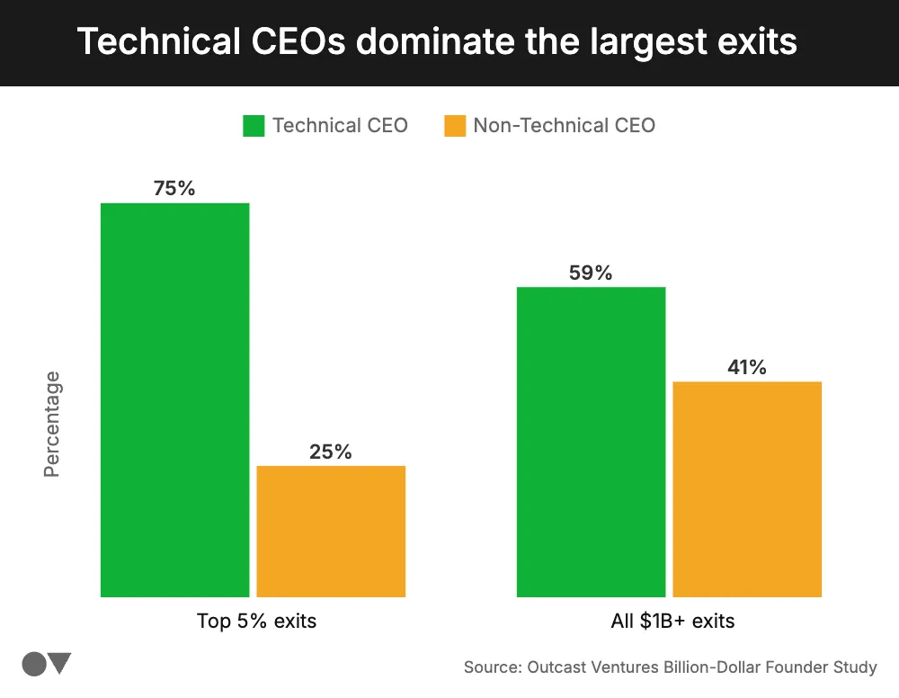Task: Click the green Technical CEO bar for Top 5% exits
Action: [x=174, y=399]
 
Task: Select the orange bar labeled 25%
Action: [x=331, y=531]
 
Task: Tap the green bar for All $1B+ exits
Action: [x=591, y=442]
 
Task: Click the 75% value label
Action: [x=174, y=189]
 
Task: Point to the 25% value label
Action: [x=331, y=452]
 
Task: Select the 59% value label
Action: [x=591, y=273]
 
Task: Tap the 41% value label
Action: [x=747, y=367]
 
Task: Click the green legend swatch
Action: [x=254, y=126]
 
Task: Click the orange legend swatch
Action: [x=455, y=126]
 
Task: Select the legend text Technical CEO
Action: [x=340, y=126]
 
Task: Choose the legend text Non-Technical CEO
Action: [x=564, y=126]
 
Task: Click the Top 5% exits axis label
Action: [x=256, y=621]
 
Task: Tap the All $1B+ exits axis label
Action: [x=672, y=621]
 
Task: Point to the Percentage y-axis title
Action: [x=52, y=424]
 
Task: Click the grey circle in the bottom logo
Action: [x=34, y=665]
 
